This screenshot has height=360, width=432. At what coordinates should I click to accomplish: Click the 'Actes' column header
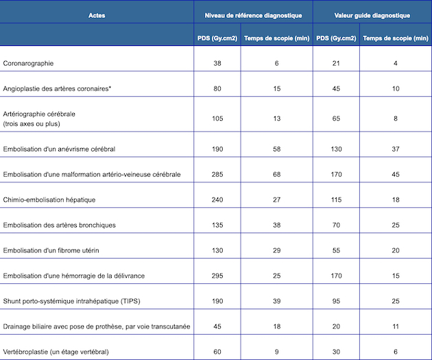point(97,15)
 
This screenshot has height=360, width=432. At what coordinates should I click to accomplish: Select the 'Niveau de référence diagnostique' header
point(253,15)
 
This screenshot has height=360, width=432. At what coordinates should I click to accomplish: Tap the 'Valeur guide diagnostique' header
point(372,15)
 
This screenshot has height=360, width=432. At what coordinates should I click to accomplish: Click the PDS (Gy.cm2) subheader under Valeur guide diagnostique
point(336,38)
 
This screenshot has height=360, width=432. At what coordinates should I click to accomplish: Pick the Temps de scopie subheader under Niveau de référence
point(276,38)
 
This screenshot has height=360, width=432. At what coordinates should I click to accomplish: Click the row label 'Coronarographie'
point(28,63)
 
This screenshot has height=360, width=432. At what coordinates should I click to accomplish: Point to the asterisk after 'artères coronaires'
point(110,88)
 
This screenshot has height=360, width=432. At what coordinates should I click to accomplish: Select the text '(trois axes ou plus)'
point(32,123)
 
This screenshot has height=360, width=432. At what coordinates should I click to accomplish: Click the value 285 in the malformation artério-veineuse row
point(217,174)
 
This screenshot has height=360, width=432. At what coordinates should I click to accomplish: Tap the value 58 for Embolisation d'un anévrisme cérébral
point(276,149)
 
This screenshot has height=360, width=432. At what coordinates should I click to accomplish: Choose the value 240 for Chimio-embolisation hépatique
point(217,200)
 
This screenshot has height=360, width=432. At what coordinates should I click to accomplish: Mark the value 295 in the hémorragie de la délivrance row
point(217,276)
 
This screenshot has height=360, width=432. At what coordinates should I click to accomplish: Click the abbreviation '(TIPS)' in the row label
point(130,301)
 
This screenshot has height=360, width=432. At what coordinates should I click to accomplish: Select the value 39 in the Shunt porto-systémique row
point(276,301)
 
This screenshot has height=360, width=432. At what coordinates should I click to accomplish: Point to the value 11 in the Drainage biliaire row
point(396,326)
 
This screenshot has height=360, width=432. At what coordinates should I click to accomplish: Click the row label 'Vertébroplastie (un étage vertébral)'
point(56,352)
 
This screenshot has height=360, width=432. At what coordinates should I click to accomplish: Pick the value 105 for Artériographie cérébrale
point(217,119)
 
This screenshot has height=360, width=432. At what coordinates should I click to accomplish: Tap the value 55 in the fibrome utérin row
point(336,250)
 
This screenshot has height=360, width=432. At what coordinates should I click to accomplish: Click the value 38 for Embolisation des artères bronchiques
point(276,225)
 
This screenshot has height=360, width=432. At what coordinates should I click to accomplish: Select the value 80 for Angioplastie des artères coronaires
point(217,88)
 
